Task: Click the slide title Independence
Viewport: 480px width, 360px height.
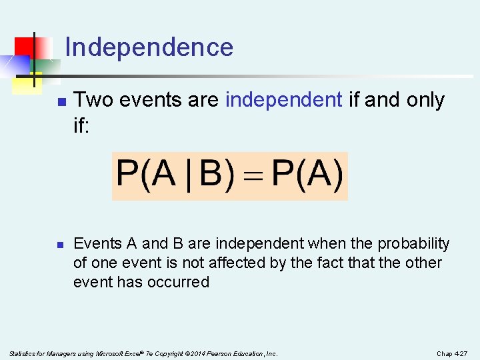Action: click(x=149, y=47)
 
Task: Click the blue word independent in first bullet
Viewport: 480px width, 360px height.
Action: click(x=284, y=100)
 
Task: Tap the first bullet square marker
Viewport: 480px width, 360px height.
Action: click(x=61, y=102)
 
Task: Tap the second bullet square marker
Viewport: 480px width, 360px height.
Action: click(x=61, y=245)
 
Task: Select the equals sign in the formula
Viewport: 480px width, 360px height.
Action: click(x=254, y=177)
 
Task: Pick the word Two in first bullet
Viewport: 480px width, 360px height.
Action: click(x=91, y=100)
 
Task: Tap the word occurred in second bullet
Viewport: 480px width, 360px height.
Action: click(x=181, y=282)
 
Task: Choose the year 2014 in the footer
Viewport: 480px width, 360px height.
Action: click(x=193, y=353)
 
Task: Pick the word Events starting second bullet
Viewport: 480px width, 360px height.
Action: click(x=96, y=244)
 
